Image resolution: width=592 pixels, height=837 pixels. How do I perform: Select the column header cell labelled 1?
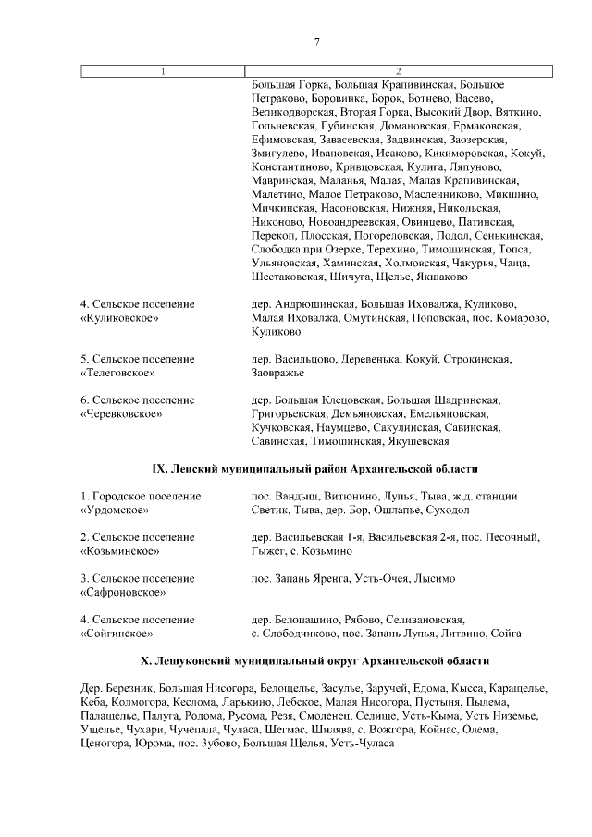164,71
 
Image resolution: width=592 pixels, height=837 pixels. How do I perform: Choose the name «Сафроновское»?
125,593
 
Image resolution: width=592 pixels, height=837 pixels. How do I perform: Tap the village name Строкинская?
476,359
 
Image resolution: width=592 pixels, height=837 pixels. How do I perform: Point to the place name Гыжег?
269,551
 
